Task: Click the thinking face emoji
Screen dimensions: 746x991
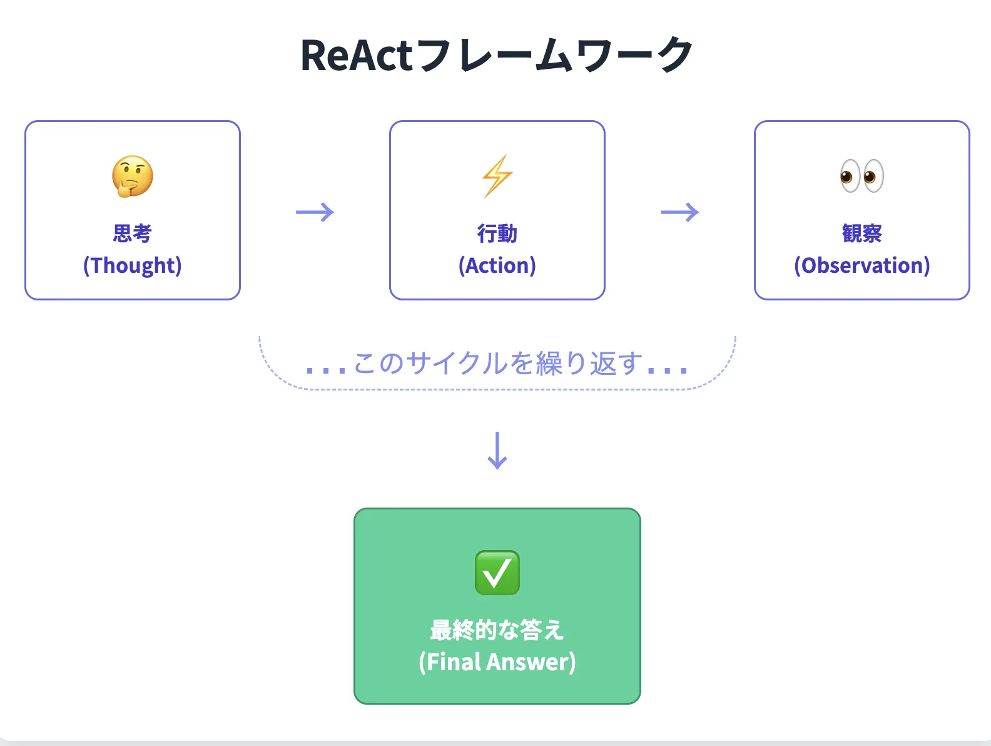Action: (133, 176)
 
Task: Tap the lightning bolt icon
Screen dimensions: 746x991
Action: (497, 176)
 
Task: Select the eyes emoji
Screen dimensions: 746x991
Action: (861, 176)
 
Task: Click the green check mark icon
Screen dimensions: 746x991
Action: (497, 573)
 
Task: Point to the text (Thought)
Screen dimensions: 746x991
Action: (133, 265)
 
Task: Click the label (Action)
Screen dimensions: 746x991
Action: (497, 265)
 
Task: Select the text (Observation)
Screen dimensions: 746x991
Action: (861, 265)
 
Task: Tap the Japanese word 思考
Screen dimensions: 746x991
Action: (133, 233)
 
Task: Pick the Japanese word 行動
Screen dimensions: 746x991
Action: (497, 233)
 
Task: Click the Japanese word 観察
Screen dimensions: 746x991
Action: (861, 233)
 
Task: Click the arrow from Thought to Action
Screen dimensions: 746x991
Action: (315, 212)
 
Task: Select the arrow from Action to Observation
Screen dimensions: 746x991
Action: (679, 212)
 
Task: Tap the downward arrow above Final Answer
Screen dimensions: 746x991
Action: (497, 451)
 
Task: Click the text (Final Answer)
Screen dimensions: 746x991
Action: (497, 662)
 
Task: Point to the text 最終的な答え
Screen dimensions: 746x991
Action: (497, 630)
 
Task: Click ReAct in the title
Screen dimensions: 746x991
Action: (357, 56)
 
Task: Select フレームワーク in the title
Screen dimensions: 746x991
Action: (554, 56)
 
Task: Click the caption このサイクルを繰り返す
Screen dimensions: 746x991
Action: (498, 363)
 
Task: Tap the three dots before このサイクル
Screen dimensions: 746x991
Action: (326, 370)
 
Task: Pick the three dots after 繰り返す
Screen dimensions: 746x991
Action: (668, 370)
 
